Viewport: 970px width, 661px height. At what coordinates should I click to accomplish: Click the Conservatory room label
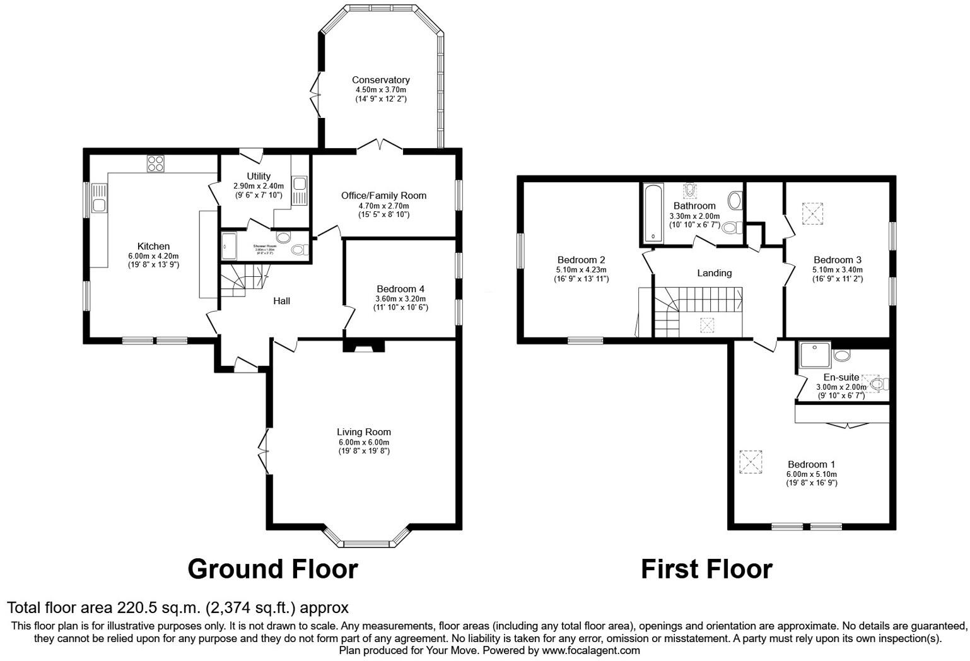pos(380,80)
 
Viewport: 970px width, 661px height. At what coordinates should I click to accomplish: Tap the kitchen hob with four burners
pos(156,163)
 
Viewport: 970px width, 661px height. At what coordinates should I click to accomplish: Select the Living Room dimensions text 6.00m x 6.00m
pos(363,442)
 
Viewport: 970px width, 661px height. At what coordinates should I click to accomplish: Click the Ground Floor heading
pos(272,569)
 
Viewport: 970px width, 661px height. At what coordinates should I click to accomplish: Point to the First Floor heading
pos(706,569)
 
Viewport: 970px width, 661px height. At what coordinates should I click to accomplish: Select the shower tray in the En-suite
pos(814,358)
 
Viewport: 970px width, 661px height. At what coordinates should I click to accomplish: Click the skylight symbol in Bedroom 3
pos(813,213)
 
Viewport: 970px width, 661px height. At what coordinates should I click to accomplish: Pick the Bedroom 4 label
pos(400,289)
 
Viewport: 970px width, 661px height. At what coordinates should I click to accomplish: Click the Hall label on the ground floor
pos(281,301)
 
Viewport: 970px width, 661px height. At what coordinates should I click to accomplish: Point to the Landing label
pos(714,273)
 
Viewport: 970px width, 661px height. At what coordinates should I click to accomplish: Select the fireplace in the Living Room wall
pos(364,346)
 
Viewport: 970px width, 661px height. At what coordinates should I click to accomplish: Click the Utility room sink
pos(300,184)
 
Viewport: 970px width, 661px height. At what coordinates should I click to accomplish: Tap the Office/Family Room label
pos(383,196)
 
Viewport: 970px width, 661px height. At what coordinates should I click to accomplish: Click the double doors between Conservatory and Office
pos(380,146)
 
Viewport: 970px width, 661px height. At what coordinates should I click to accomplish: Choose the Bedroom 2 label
pos(581,260)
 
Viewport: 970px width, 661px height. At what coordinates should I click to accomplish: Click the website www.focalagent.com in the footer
pos(590,650)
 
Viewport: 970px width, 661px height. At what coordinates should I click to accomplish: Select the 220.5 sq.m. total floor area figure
pos(158,608)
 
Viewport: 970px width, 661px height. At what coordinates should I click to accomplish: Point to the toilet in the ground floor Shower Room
pos(297,250)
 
